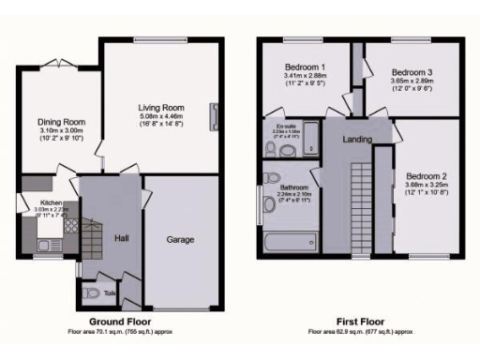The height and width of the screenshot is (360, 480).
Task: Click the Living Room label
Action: click(159, 108)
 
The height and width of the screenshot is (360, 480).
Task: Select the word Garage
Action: click(180, 240)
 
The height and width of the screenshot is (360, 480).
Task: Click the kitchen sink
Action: click(44, 246)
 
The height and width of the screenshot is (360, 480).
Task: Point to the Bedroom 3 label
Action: click(411, 72)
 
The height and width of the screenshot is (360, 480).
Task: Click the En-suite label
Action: click(276, 124)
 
